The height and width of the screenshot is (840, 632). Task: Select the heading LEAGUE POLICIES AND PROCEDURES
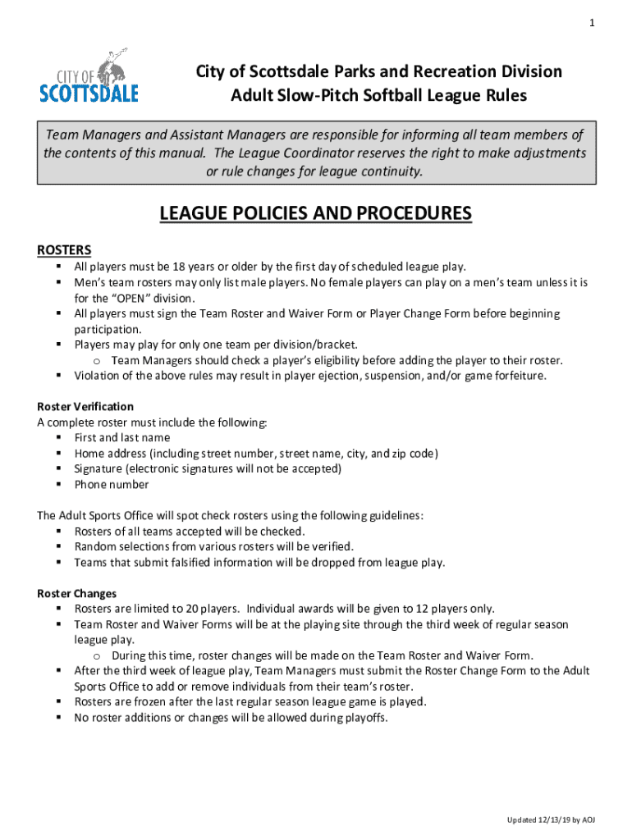pos(315,214)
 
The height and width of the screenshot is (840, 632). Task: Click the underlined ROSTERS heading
pos(65,249)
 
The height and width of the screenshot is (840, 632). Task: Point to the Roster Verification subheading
pos(85,407)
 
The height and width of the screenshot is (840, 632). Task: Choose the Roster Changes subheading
pos(77,593)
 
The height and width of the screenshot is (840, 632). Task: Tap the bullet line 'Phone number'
pos(112,484)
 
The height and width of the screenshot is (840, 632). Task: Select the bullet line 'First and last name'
pos(122,438)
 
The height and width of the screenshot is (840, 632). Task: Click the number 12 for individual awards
pos(427,609)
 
